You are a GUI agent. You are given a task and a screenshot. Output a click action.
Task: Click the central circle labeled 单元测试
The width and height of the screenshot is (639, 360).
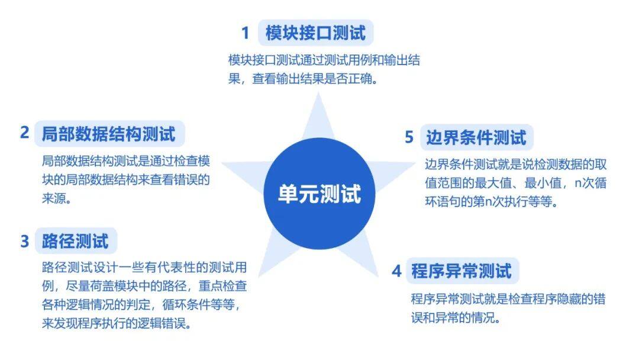pos(319,194)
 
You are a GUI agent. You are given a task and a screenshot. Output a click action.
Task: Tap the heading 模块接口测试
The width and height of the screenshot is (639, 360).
pos(315,33)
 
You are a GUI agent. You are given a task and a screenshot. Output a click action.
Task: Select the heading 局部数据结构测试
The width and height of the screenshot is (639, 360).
pos(108,134)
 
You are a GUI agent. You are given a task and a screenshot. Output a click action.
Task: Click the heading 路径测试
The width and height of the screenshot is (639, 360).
pos(75,241)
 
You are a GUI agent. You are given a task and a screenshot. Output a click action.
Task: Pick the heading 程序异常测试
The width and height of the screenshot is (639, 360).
pos(461,271)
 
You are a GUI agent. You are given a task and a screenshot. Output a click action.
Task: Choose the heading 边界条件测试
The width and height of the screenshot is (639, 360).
pos(476,137)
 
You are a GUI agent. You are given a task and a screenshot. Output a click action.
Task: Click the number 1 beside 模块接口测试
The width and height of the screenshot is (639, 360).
pos(245,33)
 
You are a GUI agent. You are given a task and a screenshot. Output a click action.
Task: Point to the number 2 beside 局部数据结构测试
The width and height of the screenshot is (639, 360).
pos(24,133)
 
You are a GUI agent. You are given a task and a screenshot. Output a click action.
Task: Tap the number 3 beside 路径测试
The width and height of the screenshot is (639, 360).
pos(24,241)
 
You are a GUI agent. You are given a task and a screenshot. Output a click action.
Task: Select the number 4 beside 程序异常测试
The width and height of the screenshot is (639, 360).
pos(396,271)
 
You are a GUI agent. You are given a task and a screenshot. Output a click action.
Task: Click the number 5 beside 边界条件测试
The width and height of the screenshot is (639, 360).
pos(409,137)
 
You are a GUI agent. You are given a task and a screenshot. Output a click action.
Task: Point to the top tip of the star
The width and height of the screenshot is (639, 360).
pos(318,92)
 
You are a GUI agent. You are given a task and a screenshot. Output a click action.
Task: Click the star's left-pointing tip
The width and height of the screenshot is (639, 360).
pos(221,163)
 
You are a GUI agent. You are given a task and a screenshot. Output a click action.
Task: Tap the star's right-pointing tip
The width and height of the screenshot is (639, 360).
pos(416,163)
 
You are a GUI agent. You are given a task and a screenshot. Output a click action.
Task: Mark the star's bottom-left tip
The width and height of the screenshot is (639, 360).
pos(259,277)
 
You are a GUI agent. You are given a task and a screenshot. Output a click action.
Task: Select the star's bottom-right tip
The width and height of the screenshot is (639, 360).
pos(379,277)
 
